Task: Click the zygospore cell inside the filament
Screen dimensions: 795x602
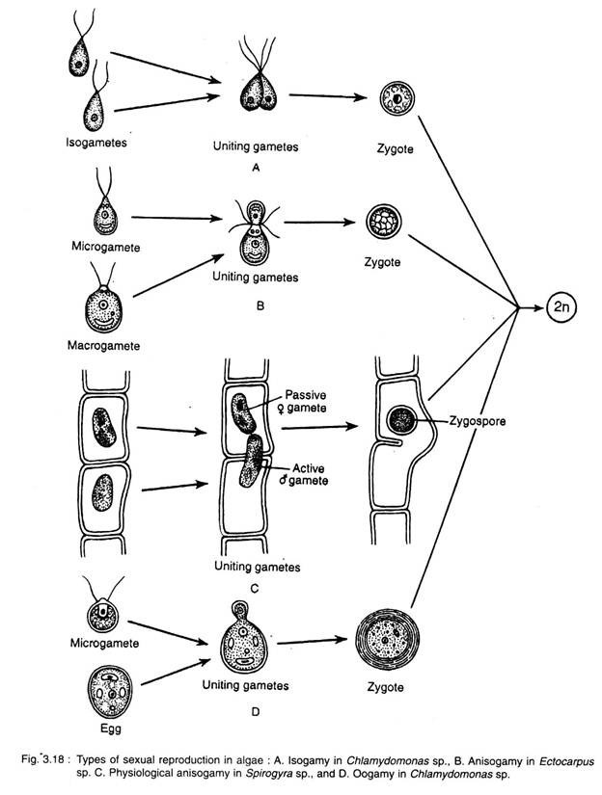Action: tap(396, 421)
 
